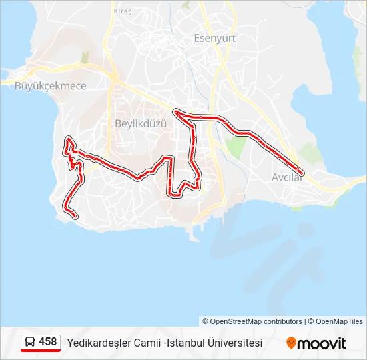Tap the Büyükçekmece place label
41,85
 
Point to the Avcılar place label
287,177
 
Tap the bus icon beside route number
30,342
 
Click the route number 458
48,342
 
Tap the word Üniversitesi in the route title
234,343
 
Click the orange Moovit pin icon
291,343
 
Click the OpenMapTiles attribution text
335,321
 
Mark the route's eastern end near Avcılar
302,171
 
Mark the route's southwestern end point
75,216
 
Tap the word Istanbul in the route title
186,343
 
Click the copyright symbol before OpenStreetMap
206,321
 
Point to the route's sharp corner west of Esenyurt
175,112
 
